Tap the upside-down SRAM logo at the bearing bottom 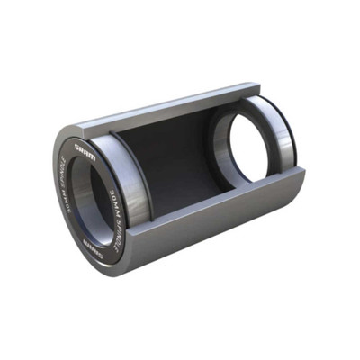pyautogui.click(x=93, y=240)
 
